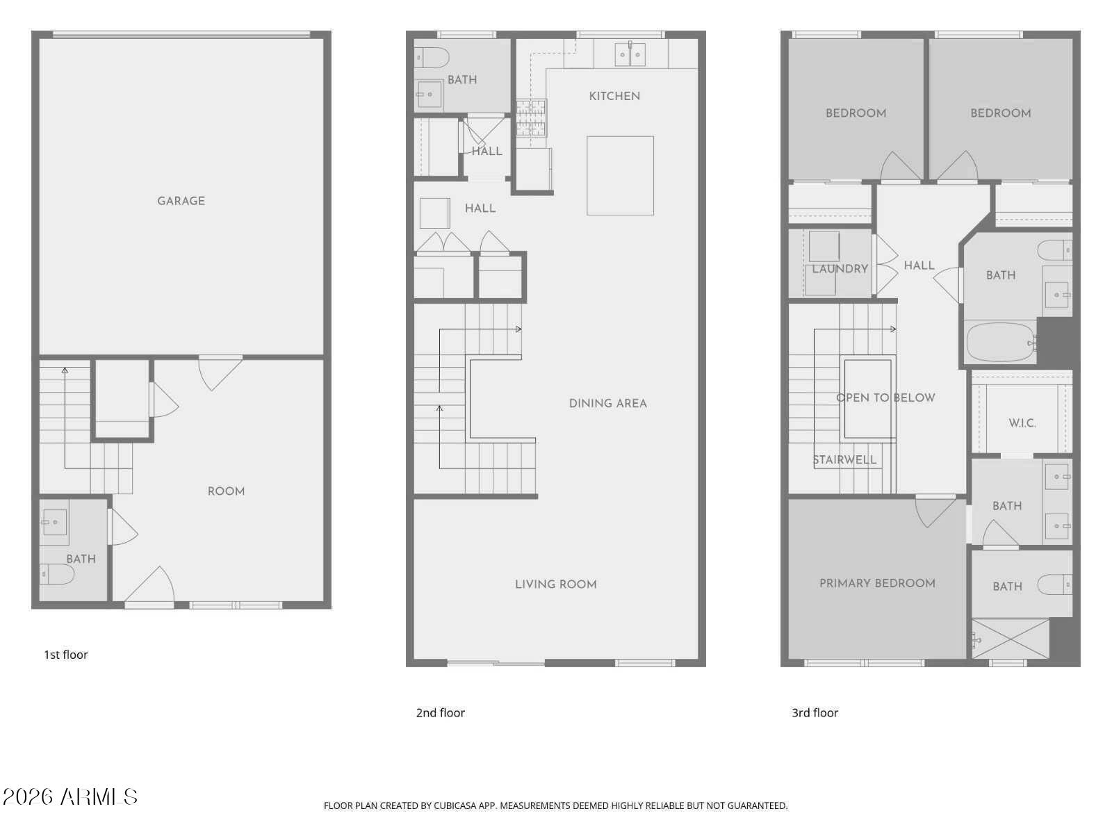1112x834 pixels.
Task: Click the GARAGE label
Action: pyautogui.click(x=181, y=201)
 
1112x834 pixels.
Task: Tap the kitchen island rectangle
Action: pyautogui.click(x=620, y=175)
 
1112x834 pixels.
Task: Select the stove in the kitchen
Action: pyautogui.click(x=531, y=117)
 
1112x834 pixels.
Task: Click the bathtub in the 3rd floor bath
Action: pyautogui.click(x=1001, y=341)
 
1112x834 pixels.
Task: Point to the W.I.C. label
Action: pyautogui.click(x=1022, y=423)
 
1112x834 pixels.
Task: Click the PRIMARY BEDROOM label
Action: pyautogui.click(x=877, y=583)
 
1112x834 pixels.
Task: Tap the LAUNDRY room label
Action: pyautogui.click(x=840, y=268)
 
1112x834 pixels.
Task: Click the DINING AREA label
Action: pyautogui.click(x=607, y=403)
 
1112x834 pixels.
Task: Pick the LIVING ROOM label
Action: pyautogui.click(x=555, y=584)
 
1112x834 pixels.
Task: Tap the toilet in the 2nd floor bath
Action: pyautogui.click(x=432, y=57)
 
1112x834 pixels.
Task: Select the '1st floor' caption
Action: pyautogui.click(x=66, y=655)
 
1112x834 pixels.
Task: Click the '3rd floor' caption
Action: pyautogui.click(x=815, y=712)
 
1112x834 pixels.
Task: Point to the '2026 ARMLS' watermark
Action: pyautogui.click(x=69, y=796)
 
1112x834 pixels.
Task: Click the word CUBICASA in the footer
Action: pyautogui.click(x=458, y=806)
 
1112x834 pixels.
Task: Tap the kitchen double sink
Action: pyautogui.click(x=630, y=54)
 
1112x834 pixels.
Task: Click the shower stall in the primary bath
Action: pyautogui.click(x=1010, y=638)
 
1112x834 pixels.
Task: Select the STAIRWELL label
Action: pyautogui.click(x=844, y=459)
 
